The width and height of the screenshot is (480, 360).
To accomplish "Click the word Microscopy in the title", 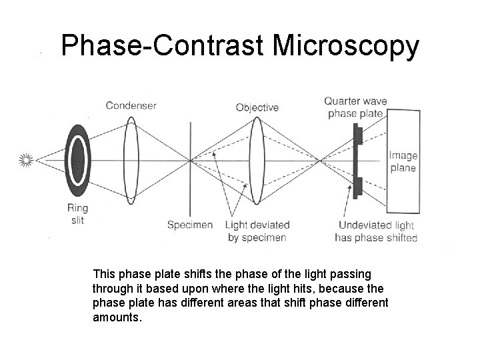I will tap(346, 47).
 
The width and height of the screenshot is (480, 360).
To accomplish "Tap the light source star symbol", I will tap(27, 160).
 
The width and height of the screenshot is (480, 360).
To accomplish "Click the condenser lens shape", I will tap(131, 160).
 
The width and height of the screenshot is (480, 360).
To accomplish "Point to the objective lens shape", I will tap(255, 160).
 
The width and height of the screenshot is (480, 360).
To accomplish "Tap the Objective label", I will tap(257, 107).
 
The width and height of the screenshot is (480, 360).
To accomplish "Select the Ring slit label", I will tap(77, 214).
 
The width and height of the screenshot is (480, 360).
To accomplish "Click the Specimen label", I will tap(190, 225).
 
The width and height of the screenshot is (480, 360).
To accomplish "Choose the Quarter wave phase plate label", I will tap(355, 107).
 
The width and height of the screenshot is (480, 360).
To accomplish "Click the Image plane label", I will tap(403, 162).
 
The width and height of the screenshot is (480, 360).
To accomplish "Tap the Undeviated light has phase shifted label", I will tap(377, 231).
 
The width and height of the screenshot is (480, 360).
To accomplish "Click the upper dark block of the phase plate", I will tap(358, 136).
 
